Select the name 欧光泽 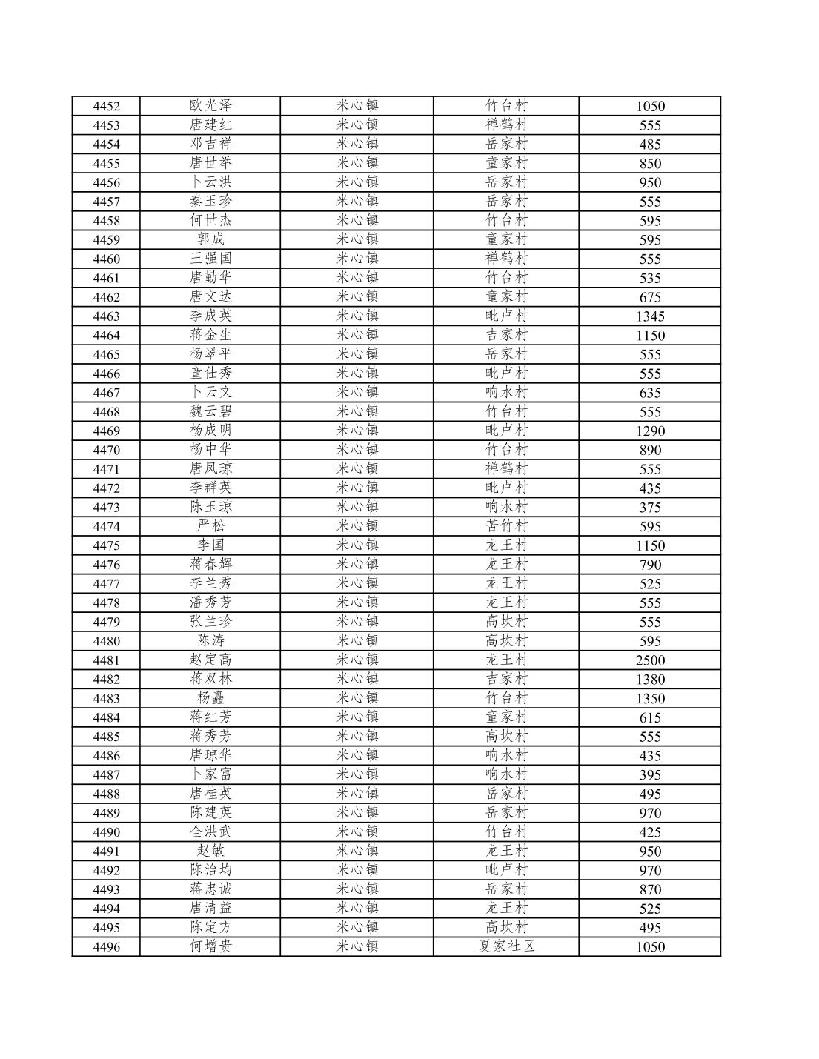(x=210, y=106)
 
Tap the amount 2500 (x=650, y=660)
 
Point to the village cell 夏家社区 (x=506, y=946)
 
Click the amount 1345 (x=650, y=316)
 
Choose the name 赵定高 (x=210, y=660)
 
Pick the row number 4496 (x=106, y=947)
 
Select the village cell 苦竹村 (x=506, y=526)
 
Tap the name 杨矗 (x=210, y=698)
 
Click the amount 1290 (x=650, y=431)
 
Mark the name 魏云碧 (x=210, y=411)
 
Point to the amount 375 (x=650, y=508)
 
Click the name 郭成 (x=210, y=239)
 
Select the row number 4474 (x=106, y=527)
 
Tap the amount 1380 (x=650, y=680)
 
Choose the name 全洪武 (x=210, y=831)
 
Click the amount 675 (x=650, y=297)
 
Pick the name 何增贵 (x=210, y=946)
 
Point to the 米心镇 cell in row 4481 (x=357, y=660)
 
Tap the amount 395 (x=650, y=775)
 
